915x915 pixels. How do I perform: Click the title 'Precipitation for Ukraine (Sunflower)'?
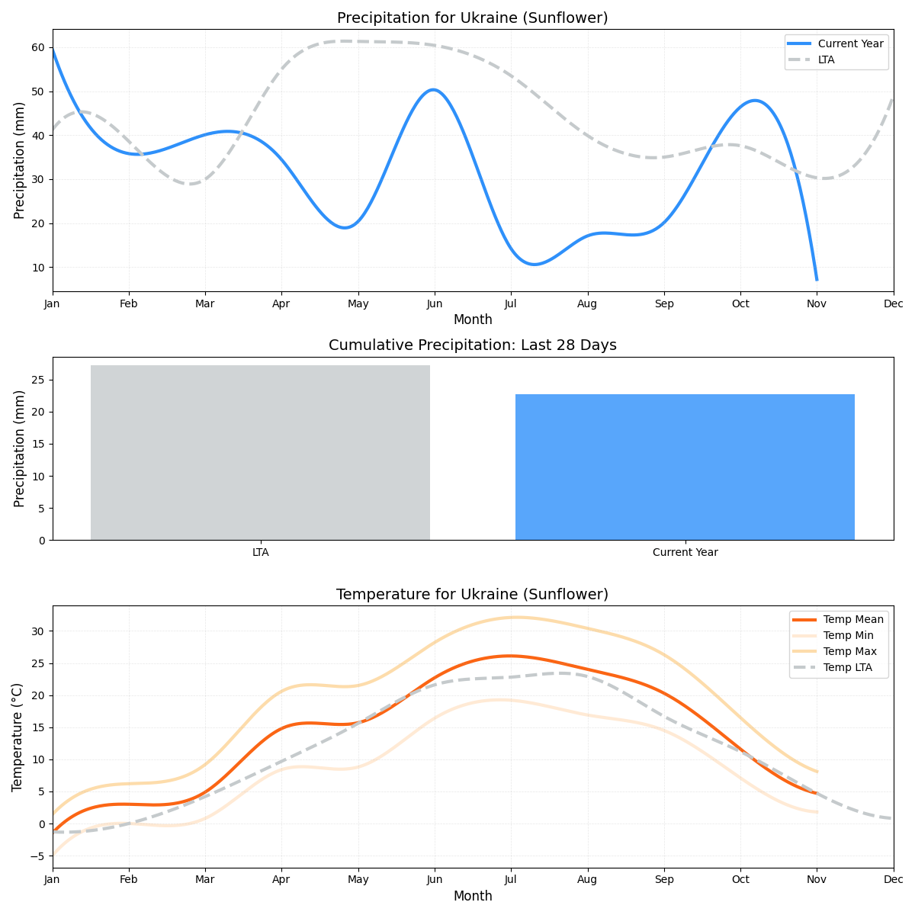pos(472,18)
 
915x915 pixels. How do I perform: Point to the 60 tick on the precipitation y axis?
pos(38,47)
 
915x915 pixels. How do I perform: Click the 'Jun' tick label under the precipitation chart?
pos(435,303)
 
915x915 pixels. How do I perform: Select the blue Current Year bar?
pos(685,467)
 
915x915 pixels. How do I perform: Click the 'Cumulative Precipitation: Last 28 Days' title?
pos(472,345)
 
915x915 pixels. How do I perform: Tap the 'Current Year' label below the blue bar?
pos(685,552)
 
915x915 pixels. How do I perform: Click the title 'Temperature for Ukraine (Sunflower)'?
pos(472,594)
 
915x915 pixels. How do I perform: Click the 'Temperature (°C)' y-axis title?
pos(18,737)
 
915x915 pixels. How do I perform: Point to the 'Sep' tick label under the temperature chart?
pos(664,880)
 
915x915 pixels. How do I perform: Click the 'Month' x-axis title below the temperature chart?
pos(473,896)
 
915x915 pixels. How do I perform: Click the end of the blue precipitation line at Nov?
pos(817,280)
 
